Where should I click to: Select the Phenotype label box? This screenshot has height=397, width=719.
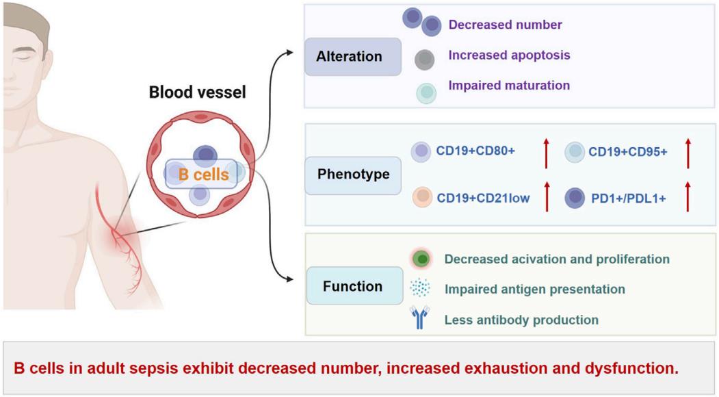pyautogui.click(x=353, y=174)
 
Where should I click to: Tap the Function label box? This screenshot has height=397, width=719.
pyautogui.click(x=353, y=285)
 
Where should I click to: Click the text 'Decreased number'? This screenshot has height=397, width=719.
pyautogui.click(x=505, y=25)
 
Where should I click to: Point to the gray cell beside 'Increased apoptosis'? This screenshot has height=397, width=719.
pyautogui.click(x=425, y=60)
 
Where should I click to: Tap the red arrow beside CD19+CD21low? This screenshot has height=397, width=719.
pyautogui.click(x=546, y=196)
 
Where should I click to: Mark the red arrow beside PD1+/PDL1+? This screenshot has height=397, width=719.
pyautogui.click(x=688, y=196)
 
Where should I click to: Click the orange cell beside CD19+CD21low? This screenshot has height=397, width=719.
pyautogui.click(x=422, y=197)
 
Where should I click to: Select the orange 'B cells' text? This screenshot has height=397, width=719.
pyautogui.click(x=204, y=175)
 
